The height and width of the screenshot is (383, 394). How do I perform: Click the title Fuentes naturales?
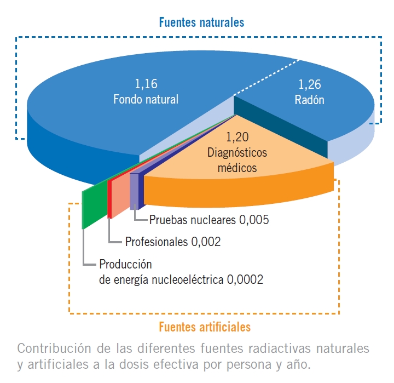201,23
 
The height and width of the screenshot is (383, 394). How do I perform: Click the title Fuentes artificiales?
205,327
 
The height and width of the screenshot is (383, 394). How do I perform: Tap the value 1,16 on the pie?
146,84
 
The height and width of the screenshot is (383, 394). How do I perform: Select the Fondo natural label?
146,100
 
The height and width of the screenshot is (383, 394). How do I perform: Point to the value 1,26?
309,85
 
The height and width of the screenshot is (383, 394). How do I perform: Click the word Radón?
309,100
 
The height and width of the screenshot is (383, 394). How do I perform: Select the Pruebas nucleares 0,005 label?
209,220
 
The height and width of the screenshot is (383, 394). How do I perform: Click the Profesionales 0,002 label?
173,241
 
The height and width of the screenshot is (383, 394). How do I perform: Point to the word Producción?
125,264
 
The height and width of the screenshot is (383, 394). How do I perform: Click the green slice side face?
92,205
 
